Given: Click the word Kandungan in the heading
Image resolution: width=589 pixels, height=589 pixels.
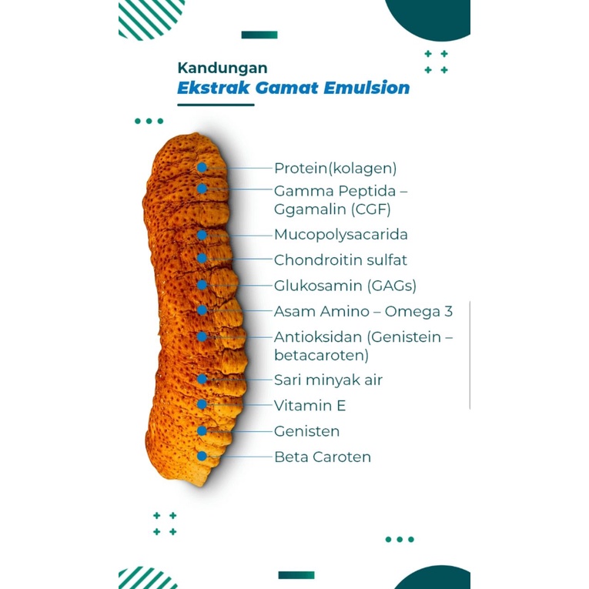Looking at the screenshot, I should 222,68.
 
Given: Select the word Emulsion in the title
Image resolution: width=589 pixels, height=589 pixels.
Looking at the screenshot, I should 367,88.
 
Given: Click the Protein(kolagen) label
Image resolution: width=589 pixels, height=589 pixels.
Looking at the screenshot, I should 335,168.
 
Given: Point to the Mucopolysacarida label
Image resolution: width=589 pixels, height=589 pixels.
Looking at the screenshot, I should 340,234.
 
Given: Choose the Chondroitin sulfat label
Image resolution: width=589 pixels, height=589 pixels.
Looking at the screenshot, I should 340,260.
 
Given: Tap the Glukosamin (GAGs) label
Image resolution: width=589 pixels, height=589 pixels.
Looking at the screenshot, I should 345,286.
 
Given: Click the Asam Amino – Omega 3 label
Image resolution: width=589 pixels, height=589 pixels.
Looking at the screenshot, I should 363,312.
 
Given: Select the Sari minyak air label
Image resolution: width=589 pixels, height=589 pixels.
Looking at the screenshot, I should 328,380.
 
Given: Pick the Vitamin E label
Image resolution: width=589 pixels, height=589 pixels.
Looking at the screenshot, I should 310,406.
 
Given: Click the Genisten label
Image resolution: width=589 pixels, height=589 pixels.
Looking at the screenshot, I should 306,431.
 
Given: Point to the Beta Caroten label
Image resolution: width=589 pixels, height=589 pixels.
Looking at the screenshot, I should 323,457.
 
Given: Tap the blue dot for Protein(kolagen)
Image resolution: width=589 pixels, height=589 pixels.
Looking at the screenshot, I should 202,167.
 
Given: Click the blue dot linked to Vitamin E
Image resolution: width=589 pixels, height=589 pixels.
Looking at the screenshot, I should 202,404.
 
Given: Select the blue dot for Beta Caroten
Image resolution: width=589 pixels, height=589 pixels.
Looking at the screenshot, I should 202,456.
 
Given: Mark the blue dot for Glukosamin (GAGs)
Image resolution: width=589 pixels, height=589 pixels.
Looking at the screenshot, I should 202,285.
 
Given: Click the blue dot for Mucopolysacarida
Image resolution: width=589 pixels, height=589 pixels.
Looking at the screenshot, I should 202,234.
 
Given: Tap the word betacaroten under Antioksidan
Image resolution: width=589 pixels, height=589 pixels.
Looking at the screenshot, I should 321,356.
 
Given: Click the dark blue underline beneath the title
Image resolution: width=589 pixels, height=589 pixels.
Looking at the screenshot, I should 216,105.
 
